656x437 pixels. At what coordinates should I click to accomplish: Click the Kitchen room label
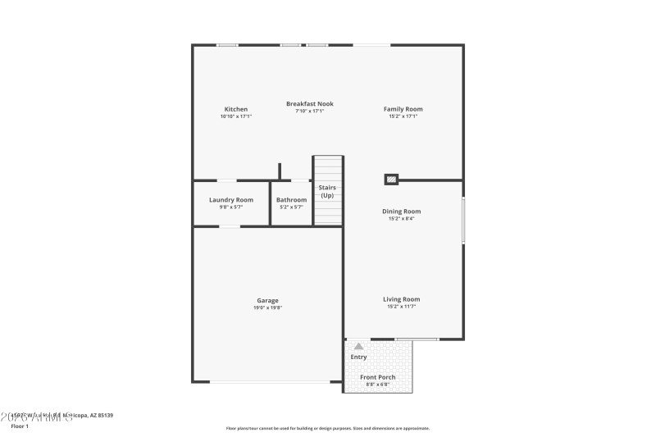(x=236, y=109)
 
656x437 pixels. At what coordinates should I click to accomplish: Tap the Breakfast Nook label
(x=310, y=104)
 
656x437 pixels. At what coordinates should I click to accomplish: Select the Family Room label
(x=403, y=109)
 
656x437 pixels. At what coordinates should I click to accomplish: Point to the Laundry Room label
(x=231, y=200)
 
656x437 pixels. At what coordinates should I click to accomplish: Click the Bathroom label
(x=291, y=200)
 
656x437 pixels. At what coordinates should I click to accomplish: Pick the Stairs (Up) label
(x=327, y=192)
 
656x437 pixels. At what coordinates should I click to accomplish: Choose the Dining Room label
(x=402, y=212)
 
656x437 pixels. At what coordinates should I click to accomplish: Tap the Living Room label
(x=402, y=299)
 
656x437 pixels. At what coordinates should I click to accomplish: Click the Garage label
(x=267, y=301)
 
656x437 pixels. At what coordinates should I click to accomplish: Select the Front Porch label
(x=378, y=377)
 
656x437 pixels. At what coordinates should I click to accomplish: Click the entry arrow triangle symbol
(x=358, y=347)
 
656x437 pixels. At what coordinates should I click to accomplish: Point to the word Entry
(x=359, y=357)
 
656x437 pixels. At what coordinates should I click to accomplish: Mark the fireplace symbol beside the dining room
(x=392, y=179)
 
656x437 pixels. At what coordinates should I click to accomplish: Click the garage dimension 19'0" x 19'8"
(x=267, y=308)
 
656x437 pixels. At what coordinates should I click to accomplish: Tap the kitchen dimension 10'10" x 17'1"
(x=236, y=116)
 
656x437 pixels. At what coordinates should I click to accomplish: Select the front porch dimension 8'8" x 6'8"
(x=378, y=385)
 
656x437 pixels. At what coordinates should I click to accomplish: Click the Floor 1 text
(x=20, y=426)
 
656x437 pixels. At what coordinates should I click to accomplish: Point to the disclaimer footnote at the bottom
(x=327, y=428)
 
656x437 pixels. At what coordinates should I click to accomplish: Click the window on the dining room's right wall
(x=463, y=220)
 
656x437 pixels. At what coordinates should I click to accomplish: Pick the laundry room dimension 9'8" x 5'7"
(x=231, y=207)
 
